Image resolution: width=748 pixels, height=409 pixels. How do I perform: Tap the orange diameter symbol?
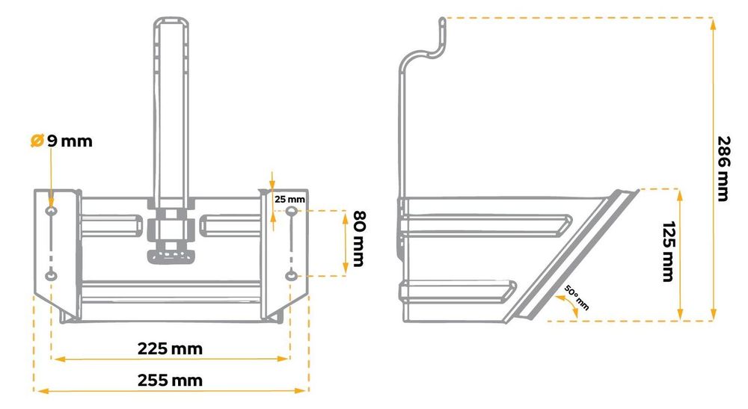point(37,141)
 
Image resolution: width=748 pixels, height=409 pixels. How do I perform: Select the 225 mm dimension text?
point(170,349)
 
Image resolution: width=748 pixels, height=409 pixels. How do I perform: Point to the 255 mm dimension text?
point(170,381)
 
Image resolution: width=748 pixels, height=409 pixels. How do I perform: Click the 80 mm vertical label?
point(359,239)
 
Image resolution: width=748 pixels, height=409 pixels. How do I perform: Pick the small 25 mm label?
point(289,199)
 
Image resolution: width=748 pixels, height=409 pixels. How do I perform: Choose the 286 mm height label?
point(724,169)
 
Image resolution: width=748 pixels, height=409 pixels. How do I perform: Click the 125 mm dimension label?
point(669,251)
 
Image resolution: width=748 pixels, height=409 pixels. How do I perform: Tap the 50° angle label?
point(577,298)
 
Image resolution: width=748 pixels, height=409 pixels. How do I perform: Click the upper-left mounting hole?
point(51,211)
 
